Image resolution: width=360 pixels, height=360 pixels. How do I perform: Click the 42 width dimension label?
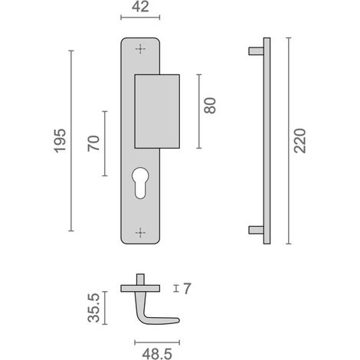(140, 7)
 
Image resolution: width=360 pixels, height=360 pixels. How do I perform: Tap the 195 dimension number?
(61, 141)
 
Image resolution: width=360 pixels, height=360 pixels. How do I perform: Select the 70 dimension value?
(93, 143)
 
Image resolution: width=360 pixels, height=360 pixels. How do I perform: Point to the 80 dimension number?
(210, 106)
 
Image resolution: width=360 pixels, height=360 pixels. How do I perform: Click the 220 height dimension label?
(299, 141)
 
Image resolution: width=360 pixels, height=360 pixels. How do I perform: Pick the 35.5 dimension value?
(93, 308)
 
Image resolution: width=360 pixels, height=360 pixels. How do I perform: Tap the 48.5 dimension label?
(157, 354)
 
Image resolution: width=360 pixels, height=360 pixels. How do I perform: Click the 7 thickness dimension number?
(187, 289)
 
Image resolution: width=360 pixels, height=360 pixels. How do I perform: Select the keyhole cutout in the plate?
(140, 182)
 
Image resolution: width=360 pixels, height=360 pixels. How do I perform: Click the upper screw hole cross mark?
(140, 48)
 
